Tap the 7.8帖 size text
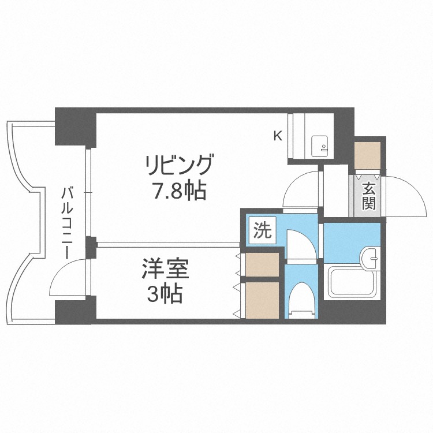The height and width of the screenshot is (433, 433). pyautogui.click(x=179, y=190)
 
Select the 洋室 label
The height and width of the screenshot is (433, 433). pyautogui.click(x=166, y=270)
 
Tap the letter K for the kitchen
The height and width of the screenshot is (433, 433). pyautogui.click(x=278, y=136)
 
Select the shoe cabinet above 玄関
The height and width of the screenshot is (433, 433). pyautogui.click(x=368, y=154)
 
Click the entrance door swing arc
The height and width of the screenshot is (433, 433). pyautogui.click(x=404, y=192)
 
